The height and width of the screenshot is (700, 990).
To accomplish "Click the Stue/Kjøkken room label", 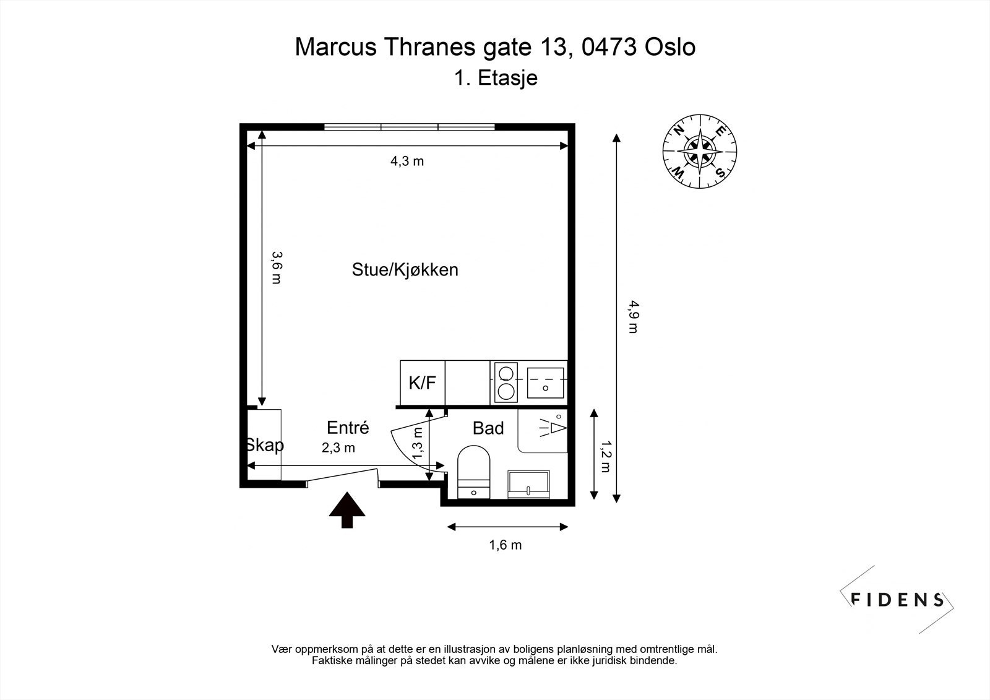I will coord(405,270).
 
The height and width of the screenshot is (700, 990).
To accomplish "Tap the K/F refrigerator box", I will coord(423,383).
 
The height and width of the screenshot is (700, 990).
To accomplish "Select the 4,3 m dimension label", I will coord(407,162).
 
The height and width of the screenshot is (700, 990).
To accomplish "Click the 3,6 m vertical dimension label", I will coord(277,267).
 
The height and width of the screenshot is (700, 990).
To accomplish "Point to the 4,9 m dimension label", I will coord(632,316).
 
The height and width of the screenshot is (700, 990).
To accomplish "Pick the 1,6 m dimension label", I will coord(505,545).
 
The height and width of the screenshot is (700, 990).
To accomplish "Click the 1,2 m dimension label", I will coord(606,456).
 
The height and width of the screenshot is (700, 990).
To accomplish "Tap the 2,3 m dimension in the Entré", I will coord(338,448).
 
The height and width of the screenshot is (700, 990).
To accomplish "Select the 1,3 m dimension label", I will coord(418,444).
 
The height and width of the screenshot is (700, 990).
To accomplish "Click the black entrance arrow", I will coord(346,509).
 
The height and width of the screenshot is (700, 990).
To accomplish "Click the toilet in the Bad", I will coord(473,472).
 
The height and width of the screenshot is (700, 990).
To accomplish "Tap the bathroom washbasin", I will coord(528,483).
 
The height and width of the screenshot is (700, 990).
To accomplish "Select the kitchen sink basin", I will coord(545,382).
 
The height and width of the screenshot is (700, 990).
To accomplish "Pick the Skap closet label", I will coord(264,445).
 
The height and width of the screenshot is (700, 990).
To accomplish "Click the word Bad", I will coord(488,428).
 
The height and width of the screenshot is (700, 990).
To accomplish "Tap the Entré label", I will coord(348,428).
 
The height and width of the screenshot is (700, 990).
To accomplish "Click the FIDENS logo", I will coord(897,599).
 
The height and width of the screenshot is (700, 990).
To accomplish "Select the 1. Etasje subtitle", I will coord(495,79).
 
